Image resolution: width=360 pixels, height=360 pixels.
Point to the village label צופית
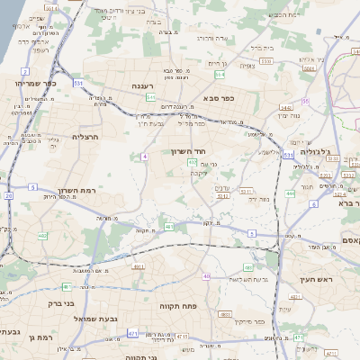point(248,66)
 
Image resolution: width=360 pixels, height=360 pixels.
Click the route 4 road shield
point(144,157)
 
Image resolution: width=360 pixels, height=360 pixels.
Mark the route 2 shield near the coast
point(25,70)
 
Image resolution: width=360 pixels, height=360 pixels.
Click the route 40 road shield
point(206,276)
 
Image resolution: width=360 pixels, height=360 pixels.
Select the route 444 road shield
point(290,193)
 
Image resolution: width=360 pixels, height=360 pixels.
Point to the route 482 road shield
point(42,236)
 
